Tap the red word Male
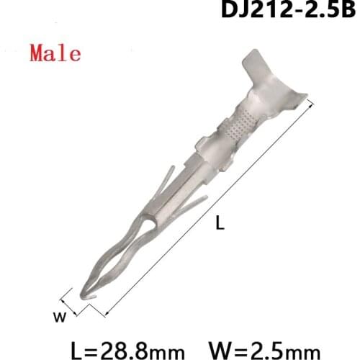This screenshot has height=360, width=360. tap(56, 53)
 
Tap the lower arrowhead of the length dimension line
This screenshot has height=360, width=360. tap(106, 315)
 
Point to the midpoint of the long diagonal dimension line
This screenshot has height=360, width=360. tap(209, 210)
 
